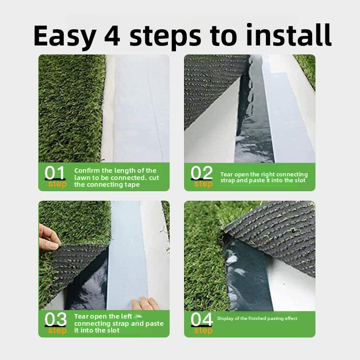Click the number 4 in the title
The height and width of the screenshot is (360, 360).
(x=112, y=35)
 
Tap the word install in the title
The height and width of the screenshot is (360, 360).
(x=288, y=35)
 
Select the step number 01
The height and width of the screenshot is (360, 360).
(x=55, y=173)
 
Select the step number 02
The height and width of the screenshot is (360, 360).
(x=201, y=173)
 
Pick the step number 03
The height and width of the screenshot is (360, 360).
(x=55, y=319)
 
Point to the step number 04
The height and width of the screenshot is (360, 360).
(x=202, y=319)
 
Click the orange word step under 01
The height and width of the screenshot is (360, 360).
(x=58, y=184)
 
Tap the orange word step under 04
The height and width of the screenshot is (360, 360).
(x=203, y=331)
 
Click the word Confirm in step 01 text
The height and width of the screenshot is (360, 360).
(x=87, y=171)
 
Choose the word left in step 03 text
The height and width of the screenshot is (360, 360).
(x=126, y=316)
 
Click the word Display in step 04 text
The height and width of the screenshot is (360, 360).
(x=225, y=319)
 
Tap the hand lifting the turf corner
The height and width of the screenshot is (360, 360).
(x=49, y=237)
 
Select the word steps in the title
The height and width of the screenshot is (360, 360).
(x=165, y=37)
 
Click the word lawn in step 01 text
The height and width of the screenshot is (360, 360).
(x=81, y=178)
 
